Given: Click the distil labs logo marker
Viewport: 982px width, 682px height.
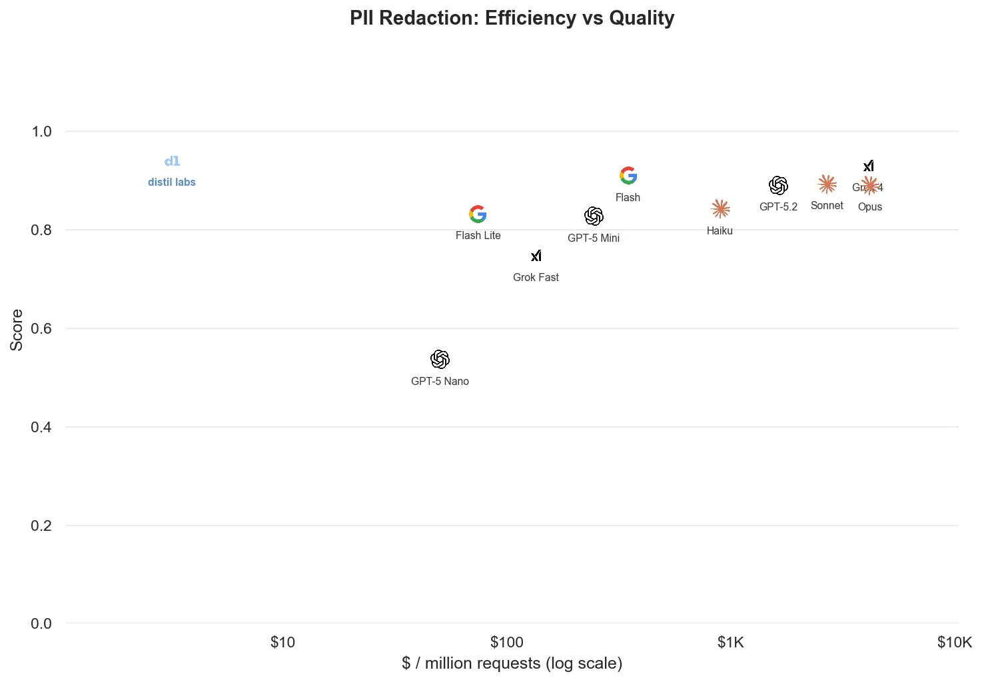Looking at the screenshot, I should click(172, 161).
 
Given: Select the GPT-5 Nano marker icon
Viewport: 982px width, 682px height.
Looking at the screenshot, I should click(440, 360).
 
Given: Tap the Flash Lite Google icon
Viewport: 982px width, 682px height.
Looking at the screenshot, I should click(478, 214).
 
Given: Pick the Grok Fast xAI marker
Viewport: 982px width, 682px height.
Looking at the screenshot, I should click(536, 256).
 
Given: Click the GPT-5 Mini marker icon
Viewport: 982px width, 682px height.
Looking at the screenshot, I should click(594, 216).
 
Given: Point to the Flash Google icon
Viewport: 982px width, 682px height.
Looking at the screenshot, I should click(628, 176).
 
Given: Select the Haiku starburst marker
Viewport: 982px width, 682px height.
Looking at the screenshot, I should click(720, 209).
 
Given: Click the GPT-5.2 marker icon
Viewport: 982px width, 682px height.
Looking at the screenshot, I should click(778, 185).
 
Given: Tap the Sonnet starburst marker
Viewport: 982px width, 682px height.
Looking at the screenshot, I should click(827, 184).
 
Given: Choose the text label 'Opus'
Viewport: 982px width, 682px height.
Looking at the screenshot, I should click(869, 207).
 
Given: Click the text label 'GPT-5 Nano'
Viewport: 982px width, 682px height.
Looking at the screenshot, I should click(440, 382).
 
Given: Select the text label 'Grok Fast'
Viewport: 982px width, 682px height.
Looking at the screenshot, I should click(536, 278).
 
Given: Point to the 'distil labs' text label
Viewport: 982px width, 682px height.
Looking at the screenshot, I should click(172, 182).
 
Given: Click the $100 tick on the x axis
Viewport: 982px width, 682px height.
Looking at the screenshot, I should click(506, 643).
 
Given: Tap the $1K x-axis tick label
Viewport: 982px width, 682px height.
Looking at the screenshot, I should click(730, 643).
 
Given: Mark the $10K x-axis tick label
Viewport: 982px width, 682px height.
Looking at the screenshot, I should click(954, 643).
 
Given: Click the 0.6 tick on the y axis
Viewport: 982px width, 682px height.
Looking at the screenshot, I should click(41, 328).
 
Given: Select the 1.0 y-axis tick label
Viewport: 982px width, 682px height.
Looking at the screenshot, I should click(41, 132).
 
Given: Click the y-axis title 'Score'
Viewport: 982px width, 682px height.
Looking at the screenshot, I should click(17, 330).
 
